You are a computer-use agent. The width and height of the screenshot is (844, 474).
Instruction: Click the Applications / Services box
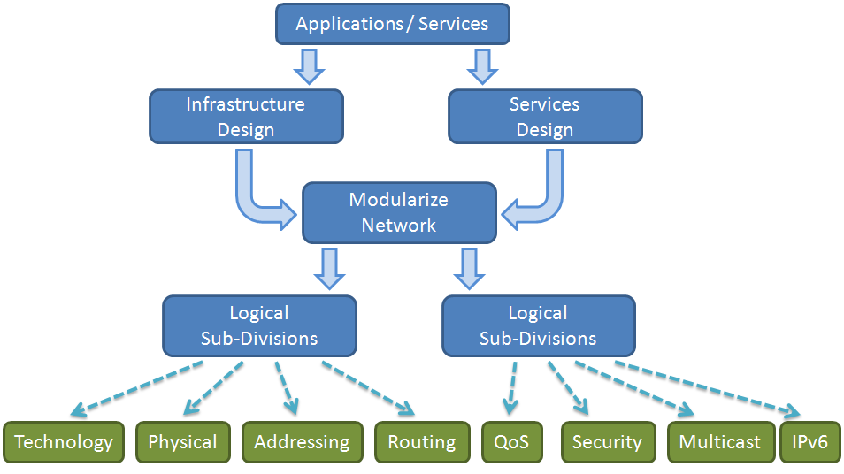(x=392, y=24)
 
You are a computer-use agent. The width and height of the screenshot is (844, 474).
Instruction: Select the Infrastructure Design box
(x=246, y=117)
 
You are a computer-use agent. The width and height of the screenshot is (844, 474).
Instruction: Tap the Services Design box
(x=545, y=117)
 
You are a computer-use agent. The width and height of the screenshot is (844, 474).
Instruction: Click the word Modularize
(x=398, y=200)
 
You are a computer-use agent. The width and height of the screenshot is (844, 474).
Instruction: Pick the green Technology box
(x=64, y=442)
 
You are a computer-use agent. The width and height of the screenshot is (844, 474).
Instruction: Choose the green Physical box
(x=183, y=442)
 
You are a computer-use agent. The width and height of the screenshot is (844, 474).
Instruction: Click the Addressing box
(x=302, y=442)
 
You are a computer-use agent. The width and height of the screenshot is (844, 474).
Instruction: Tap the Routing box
(x=422, y=442)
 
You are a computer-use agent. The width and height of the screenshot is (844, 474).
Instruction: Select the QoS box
(x=512, y=442)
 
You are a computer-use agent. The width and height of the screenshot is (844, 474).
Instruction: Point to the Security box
(x=607, y=442)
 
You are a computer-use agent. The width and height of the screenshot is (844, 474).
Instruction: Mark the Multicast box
(x=719, y=442)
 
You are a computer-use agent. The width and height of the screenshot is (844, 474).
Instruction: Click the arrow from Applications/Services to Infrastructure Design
(x=309, y=65)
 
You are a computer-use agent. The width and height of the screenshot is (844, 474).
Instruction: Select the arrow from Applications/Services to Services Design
(x=481, y=65)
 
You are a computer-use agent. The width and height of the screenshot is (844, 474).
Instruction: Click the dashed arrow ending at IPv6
(x=708, y=386)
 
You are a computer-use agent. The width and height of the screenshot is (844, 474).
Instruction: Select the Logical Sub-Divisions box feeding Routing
(x=259, y=325)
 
